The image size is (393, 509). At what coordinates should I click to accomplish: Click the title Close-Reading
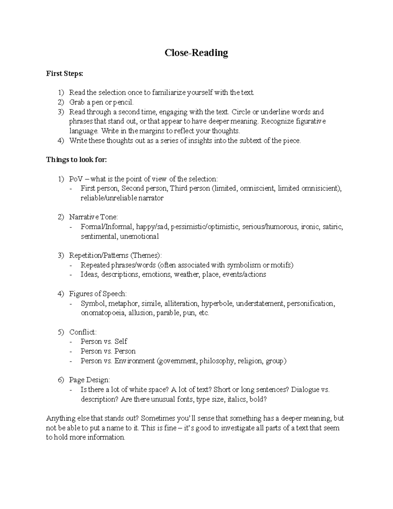(196, 53)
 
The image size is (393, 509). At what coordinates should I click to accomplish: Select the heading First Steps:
(65, 74)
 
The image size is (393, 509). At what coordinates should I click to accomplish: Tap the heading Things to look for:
(77, 160)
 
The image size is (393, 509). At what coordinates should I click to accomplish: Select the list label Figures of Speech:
(98, 294)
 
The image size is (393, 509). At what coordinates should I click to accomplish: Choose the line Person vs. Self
(104, 342)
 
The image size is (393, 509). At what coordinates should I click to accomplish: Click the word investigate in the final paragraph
(231, 428)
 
